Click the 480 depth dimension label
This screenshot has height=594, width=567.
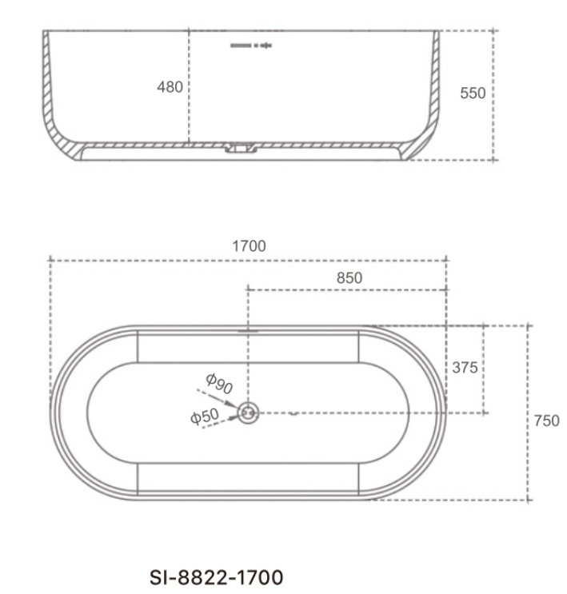pos(170,87)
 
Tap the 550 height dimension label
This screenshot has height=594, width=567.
pos(473,94)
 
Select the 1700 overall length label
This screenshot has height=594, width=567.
pos(249,246)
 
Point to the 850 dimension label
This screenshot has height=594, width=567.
pos(349,278)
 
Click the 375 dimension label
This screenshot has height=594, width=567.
pos(465,368)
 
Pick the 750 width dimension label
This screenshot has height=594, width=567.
pos(546,421)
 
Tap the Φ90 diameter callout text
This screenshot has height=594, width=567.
pos(219,384)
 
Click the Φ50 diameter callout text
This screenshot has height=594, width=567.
pos(205,417)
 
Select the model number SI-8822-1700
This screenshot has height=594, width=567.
pos(216,578)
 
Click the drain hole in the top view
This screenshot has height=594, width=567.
pos(248,413)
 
